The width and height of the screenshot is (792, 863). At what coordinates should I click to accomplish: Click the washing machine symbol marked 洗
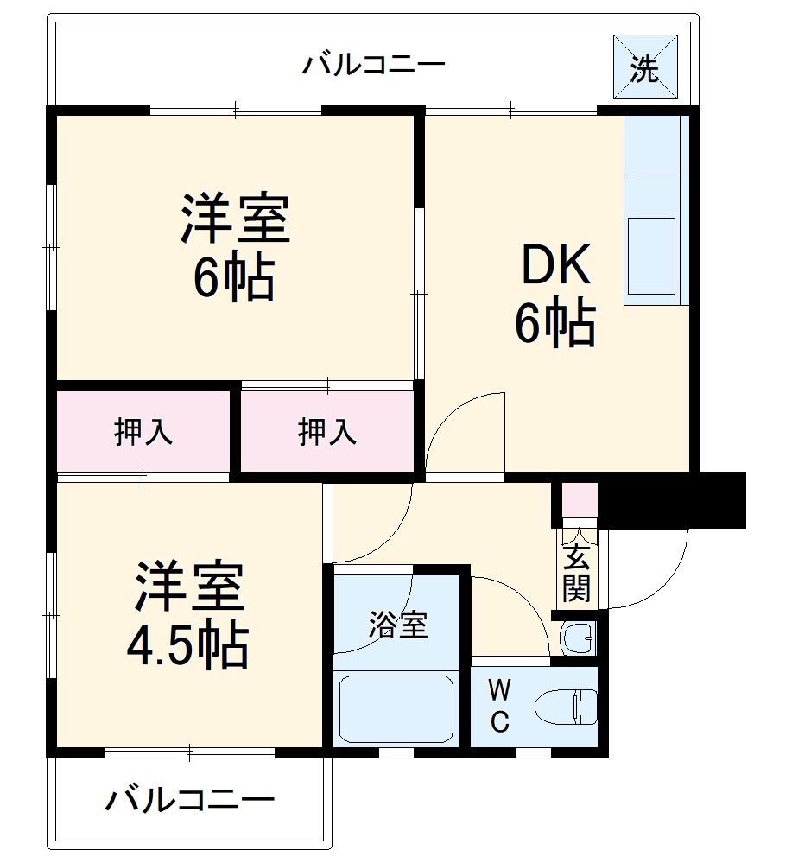pyautogui.click(x=644, y=67)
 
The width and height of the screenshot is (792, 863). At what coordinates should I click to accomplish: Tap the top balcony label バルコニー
pyautogui.click(x=373, y=65)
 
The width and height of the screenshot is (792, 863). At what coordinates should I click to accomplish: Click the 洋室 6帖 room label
pyautogui.click(x=234, y=247)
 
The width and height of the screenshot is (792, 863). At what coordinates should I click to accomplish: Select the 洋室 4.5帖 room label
pyautogui.click(x=188, y=614)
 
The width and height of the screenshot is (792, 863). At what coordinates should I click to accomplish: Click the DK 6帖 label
pyautogui.click(x=555, y=295)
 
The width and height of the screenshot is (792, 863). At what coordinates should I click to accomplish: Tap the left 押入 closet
pyautogui.click(x=143, y=432)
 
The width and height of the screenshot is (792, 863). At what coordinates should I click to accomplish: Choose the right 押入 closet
pyautogui.click(x=327, y=432)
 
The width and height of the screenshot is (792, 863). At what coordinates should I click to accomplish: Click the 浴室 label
pyautogui.click(x=398, y=625)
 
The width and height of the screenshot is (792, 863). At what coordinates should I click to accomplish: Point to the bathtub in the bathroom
pyautogui.click(x=396, y=708)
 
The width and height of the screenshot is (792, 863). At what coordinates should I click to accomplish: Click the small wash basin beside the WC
pyautogui.click(x=576, y=638)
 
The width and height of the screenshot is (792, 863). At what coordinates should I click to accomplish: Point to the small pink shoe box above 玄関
pyautogui.click(x=579, y=500)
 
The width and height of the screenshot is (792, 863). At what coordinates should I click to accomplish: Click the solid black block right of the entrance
pyautogui.click(x=672, y=499)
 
